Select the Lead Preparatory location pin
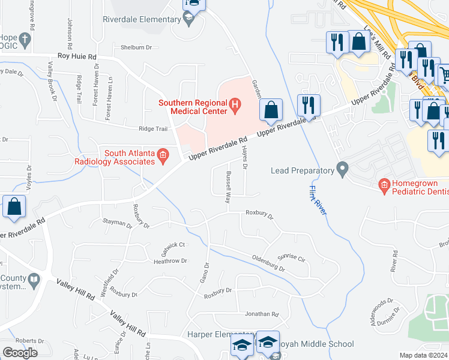coord(343,170)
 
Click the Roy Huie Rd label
coord(77,56)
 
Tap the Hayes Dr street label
coord(244,159)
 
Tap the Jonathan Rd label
coord(262,314)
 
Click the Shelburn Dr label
coord(137,47)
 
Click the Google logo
coord(20,353)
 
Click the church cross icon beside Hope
coord(24,40)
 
